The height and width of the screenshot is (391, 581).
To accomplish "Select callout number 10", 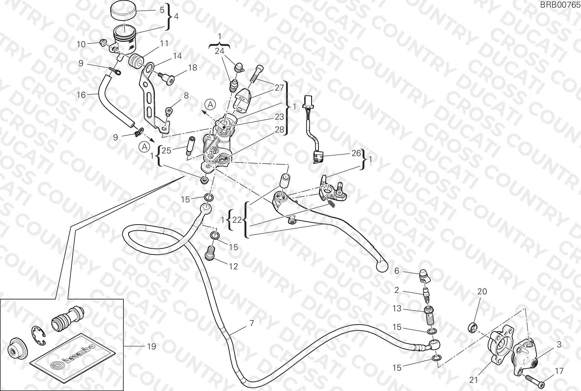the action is (81, 44).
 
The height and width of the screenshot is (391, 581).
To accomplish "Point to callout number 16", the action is (81, 95).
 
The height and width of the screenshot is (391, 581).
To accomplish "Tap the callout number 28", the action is (279, 130).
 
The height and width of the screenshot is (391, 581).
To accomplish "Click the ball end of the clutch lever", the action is (382, 265).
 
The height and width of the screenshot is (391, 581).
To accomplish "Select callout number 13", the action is (397, 308).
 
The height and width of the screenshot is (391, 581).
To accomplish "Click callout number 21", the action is (474, 380).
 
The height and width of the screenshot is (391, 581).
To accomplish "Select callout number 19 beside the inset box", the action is (152, 346).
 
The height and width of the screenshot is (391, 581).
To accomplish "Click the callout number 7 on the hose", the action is (252, 323).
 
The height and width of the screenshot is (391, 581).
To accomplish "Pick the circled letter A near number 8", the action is (210, 104).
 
